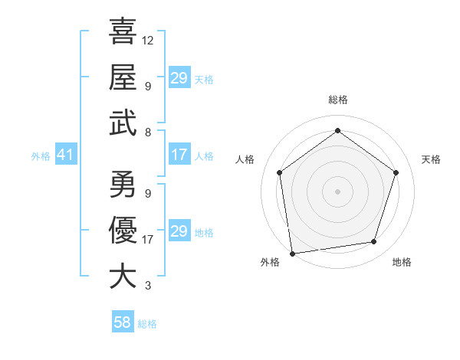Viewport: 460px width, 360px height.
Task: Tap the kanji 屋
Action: (x=123, y=77)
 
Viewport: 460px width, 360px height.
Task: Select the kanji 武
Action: (x=123, y=122)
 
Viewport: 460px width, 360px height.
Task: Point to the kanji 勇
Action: (x=123, y=184)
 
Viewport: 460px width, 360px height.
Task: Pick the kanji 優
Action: (x=123, y=230)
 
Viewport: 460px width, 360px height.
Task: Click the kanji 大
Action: (x=123, y=276)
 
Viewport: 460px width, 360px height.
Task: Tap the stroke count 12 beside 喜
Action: (x=148, y=40)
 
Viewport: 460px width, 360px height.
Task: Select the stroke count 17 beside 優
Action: (x=148, y=239)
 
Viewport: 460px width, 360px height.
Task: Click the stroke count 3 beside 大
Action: (x=147, y=286)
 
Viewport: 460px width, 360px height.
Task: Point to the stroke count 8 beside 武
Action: (x=147, y=132)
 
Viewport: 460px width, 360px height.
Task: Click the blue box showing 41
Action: (x=65, y=155)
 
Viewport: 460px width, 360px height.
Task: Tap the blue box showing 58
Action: (x=122, y=322)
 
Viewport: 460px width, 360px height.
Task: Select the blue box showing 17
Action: (x=179, y=155)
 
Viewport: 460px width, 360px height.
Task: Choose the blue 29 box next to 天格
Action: (x=179, y=78)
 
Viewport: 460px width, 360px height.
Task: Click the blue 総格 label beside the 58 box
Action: (x=147, y=324)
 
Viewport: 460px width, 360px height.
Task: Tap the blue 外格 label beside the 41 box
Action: (x=41, y=156)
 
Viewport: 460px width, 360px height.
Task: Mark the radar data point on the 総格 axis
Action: (x=337, y=130)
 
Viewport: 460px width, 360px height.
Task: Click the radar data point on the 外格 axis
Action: (x=292, y=253)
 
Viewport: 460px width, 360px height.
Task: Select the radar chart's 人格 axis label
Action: (x=245, y=159)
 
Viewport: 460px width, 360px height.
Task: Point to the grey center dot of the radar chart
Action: (x=337, y=191)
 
